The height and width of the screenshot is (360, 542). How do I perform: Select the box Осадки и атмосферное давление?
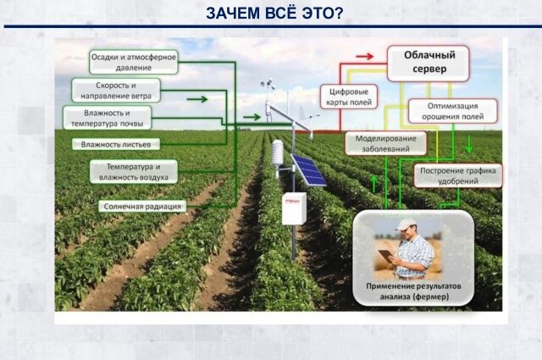134,62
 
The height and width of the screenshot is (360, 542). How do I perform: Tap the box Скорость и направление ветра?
116,91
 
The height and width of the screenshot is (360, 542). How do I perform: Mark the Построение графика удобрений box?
458,176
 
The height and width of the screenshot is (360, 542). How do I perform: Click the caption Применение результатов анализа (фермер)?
412,293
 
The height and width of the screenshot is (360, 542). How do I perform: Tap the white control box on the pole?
294,208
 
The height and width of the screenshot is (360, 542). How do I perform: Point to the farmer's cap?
408,224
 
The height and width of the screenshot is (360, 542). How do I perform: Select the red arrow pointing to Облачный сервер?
364,56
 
